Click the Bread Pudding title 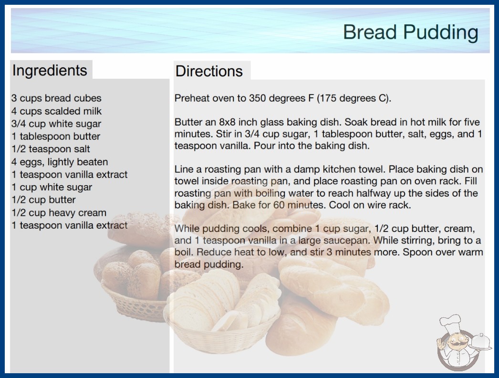[411, 32]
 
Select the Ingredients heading [50, 71]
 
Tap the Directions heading [209, 71]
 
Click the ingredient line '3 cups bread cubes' [56, 98]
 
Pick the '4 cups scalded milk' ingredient [56, 111]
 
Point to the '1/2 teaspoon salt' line [51, 149]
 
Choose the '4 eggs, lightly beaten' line [60, 162]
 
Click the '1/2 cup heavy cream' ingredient [59, 213]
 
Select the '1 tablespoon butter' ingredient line [56, 136]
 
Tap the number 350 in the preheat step [258, 98]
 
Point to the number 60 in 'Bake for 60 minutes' [279, 205]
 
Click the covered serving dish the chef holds [481, 342]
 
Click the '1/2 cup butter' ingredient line [43, 200]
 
